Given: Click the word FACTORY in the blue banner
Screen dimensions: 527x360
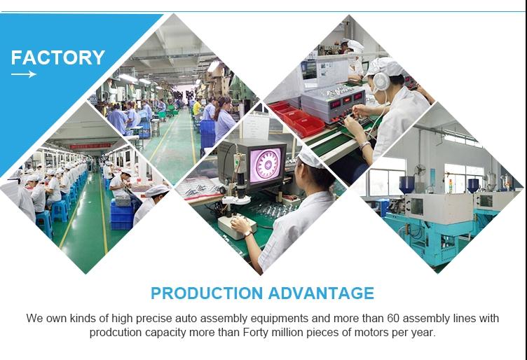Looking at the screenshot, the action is click(57, 57).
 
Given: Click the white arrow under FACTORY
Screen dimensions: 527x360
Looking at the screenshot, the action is click(24, 74).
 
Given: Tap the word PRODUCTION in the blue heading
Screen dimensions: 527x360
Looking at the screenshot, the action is click(207, 293).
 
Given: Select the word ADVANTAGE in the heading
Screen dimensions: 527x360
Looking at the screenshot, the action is click(321, 293).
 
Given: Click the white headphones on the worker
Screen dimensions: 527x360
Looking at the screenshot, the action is click(381, 82).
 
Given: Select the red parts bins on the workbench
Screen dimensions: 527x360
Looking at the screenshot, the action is click(297, 118).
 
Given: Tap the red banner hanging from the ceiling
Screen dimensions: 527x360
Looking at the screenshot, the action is click(90, 146).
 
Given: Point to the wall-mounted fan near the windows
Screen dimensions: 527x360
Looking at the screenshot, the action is click(420, 170).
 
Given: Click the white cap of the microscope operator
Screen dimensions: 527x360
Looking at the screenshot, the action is click(310, 157).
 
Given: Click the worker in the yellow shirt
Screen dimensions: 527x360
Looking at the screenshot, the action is click(197, 107).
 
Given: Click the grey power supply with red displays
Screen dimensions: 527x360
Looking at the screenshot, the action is click(334, 103).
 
